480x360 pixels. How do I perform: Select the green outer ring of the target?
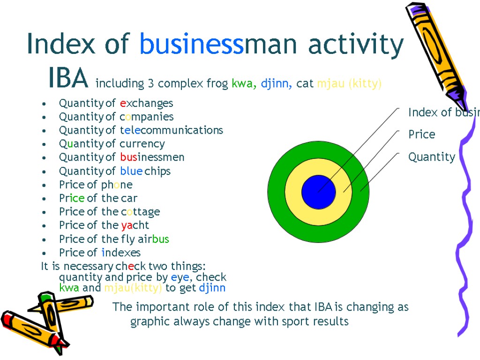pos(276,192)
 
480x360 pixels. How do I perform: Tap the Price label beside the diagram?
pos(421,135)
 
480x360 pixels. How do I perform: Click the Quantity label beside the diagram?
pos(432,157)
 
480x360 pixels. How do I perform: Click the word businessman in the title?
pos(218,45)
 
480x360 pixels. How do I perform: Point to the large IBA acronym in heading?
pos(68,79)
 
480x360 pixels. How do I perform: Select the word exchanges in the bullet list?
pos(146,103)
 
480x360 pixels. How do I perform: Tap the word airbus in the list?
pos(153,239)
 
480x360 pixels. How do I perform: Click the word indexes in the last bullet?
pos(121,253)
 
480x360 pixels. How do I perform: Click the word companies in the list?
pos(146,117)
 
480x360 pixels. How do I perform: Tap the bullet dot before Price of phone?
pos(44,185)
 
